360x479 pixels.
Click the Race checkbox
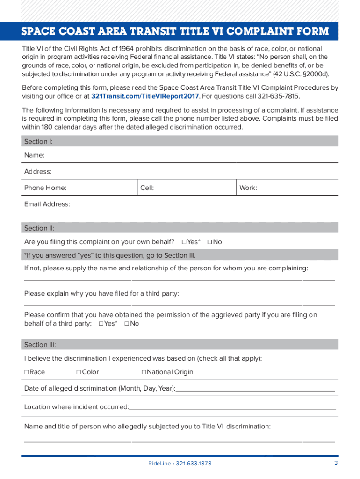click(x=27, y=372)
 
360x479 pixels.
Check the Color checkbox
click(x=79, y=372)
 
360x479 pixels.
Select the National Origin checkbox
click(x=144, y=372)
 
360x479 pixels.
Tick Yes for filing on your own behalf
click(x=184, y=242)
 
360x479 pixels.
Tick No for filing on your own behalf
click(x=209, y=242)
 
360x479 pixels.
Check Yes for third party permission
click(x=101, y=324)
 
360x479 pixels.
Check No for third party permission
click(x=127, y=324)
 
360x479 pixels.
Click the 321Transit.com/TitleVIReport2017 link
click(x=145, y=96)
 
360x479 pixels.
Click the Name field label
click(x=34, y=155)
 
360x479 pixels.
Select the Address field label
click(x=38, y=172)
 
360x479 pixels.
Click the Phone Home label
click(x=45, y=188)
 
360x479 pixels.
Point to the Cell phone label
click(x=147, y=188)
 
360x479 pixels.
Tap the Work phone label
click(x=248, y=188)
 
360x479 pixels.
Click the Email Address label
click(x=47, y=204)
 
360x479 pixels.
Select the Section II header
click(x=39, y=228)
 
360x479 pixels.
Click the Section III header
click(x=40, y=345)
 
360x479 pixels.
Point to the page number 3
click(x=336, y=463)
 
